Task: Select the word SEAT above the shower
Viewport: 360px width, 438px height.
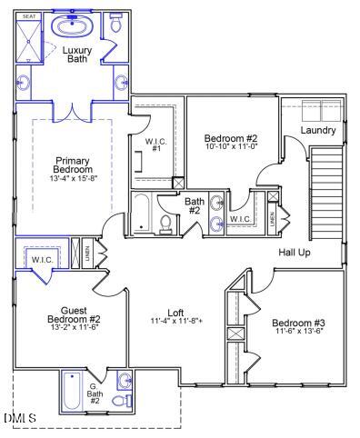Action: [x=28, y=16]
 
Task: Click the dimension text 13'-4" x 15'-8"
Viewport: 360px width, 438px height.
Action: [x=74, y=180]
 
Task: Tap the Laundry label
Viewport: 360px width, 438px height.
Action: [x=318, y=131]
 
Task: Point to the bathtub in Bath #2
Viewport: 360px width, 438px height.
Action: [x=142, y=214]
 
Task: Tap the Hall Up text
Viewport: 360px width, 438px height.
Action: [x=295, y=252]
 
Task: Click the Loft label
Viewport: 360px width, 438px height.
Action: [x=175, y=312]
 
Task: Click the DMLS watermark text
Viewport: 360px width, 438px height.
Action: [x=20, y=418]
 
